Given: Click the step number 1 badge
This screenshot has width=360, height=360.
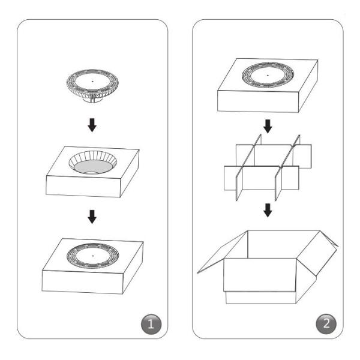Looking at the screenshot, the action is coord(151,324).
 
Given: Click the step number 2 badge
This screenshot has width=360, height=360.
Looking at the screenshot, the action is coord(326,324).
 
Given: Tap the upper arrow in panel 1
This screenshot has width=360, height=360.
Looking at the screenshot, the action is coord(92,125).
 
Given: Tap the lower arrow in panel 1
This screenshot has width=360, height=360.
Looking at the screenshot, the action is coord(92,217).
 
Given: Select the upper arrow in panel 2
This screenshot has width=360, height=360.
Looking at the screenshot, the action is coord(268,126).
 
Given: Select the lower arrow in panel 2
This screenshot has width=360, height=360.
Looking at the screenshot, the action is coord(268,210).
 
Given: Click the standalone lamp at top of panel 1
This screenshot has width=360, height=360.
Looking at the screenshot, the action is coord(92,86).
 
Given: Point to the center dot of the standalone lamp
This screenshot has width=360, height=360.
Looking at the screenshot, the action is coord(92,81).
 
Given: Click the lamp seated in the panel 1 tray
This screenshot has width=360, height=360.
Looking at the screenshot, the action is coord(93,256).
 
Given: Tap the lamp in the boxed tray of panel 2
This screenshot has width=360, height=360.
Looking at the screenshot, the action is coord(268,76).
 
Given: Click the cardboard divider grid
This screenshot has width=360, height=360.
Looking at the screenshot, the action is coord(268,167).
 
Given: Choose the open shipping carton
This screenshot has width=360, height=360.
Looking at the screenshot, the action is coord(268,267).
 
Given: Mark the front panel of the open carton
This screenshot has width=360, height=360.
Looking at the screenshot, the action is coord(260,275).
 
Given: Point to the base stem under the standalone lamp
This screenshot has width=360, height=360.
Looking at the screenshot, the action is coord(92,100).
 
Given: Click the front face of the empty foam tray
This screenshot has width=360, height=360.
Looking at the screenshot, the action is coord(83,186).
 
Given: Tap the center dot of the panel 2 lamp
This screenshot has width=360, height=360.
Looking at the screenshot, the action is coord(268,75).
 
